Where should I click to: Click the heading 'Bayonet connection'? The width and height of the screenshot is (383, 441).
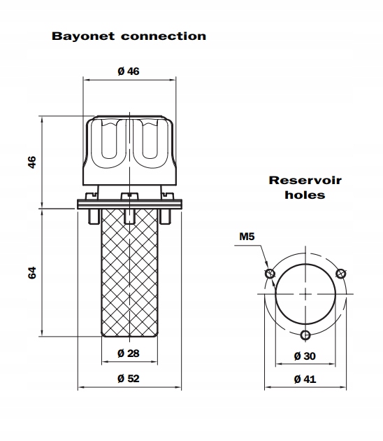point(129,36)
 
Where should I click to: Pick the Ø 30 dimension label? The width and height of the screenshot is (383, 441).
point(305,356)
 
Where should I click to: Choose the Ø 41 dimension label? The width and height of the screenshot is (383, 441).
point(305,379)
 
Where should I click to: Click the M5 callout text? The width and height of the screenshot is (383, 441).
point(247,237)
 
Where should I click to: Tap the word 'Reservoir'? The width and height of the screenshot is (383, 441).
point(305,180)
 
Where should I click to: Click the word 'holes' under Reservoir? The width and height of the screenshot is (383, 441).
point(305,195)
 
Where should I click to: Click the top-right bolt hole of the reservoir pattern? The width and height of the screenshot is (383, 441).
point(341,273)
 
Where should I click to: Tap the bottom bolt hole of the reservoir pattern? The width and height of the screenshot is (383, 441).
point(305,335)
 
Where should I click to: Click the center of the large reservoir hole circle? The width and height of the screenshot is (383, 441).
point(305,293)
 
